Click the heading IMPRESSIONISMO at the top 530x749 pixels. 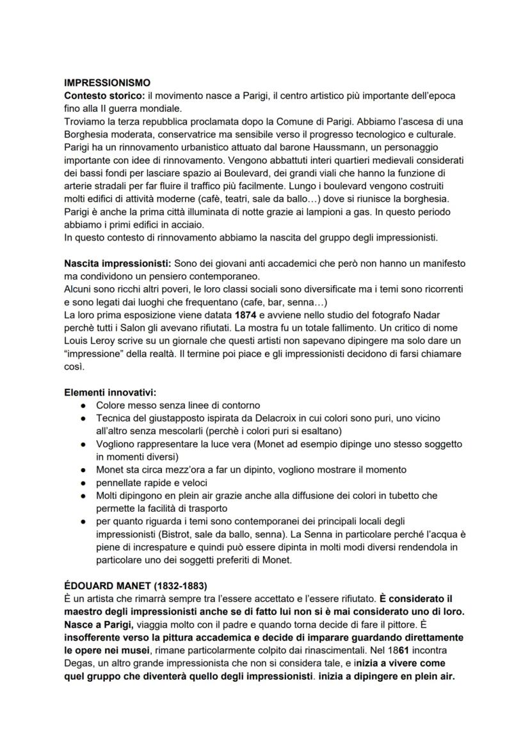pos(108,83)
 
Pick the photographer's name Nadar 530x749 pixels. pos(437,315)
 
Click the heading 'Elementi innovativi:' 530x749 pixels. pos(110,392)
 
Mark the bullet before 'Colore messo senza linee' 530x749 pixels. pos(83,405)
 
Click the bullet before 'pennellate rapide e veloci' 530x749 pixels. pos(83,482)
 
